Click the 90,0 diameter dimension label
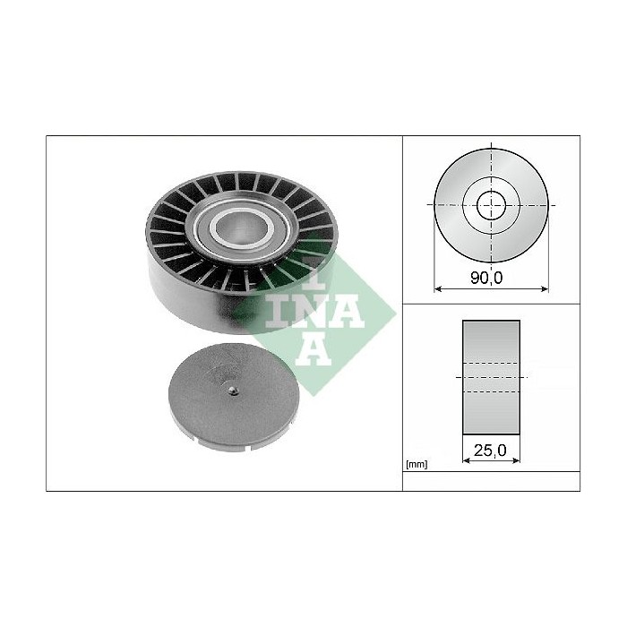[486, 278]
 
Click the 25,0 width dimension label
[490, 451]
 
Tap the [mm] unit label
[417, 465]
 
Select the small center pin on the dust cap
[233, 391]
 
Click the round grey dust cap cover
[234, 398]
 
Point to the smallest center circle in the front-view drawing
[491, 205]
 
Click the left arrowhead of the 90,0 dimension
[437, 288]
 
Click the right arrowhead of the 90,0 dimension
[545, 288]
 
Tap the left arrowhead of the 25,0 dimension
[467, 460]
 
